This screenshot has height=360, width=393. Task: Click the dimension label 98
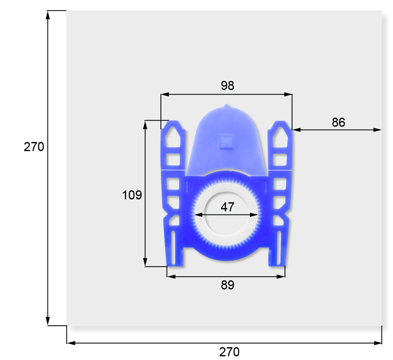pos(227,85)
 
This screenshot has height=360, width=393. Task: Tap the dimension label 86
pos(339,123)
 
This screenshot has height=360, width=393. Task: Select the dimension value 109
pos(132,195)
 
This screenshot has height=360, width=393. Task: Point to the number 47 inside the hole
pos(227,207)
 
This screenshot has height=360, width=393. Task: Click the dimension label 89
pos(228,285)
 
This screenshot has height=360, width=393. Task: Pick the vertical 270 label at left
pos(34,147)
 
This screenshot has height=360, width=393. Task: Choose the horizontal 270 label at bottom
pos(229,352)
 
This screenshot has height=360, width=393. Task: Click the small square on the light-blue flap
pos(226,142)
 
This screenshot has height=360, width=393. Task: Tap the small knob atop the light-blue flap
pos(226,106)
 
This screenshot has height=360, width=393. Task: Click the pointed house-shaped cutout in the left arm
pos(173,137)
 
